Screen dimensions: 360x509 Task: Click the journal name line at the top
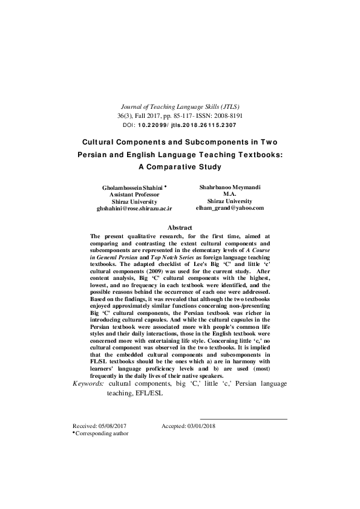pyautogui.click(x=180, y=105)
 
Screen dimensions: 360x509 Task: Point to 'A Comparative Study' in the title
pyautogui.click(x=180, y=166)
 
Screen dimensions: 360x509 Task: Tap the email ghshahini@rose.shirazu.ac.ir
pyautogui.click(x=134, y=208)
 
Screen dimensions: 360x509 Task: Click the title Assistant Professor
pyautogui.click(x=134, y=195)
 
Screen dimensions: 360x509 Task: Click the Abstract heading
pyautogui.click(x=180, y=228)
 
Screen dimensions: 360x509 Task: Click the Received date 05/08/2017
pyautogui.click(x=115, y=426)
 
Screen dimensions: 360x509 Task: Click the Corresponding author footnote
pyautogui.click(x=102, y=433)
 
